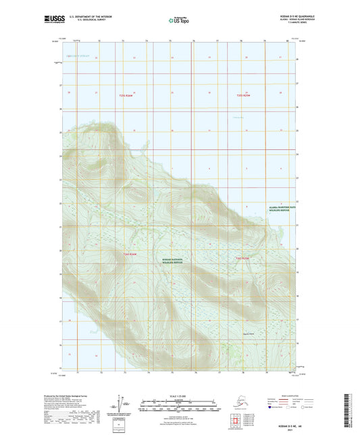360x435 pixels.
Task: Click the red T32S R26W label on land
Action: pos(130,253)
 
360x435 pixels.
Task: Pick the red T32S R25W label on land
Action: pos(243,257)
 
